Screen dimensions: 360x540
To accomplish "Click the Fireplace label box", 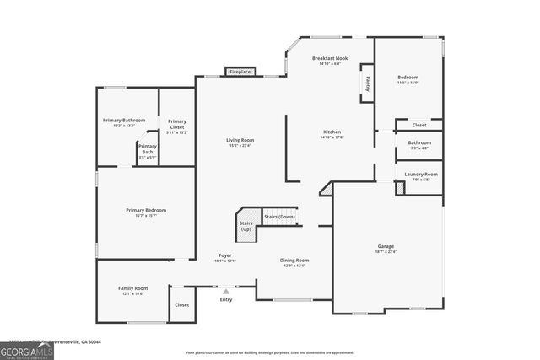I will tap(240, 73).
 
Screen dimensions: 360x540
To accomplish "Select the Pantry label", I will tap(368, 83).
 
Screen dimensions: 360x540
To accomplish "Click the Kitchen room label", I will tap(332, 134).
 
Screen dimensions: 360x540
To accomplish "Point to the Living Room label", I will tap(240, 142).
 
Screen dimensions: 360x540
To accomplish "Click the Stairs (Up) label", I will tap(246, 226).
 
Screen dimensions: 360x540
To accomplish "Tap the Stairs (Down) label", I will tap(280, 217).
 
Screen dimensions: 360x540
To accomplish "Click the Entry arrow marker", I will tap(225, 291).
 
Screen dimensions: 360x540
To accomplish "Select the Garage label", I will tap(386, 248).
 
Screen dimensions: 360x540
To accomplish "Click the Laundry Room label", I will tap(420, 175).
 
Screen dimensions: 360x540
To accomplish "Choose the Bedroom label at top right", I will tap(408, 79).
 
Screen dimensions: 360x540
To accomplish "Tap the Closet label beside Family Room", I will tap(181, 304).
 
